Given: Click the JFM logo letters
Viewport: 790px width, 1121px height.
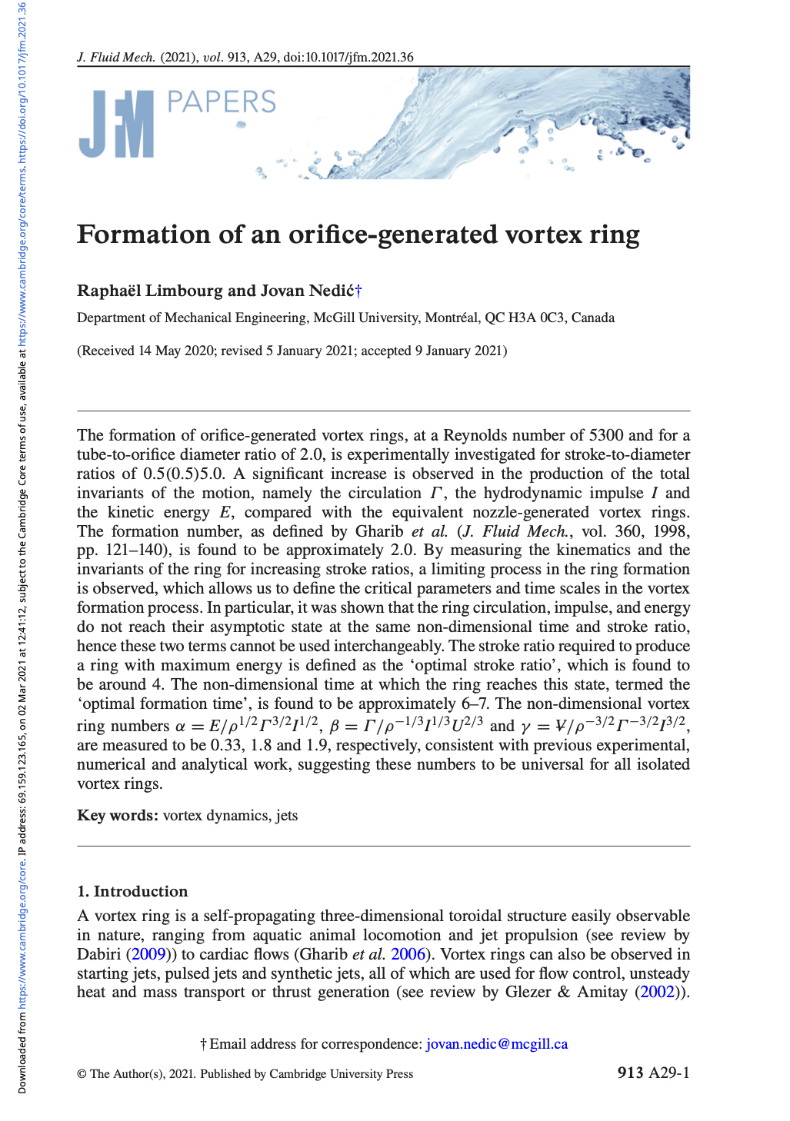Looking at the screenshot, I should [116, 124].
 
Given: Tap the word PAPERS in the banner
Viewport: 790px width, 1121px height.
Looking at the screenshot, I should [221, 102].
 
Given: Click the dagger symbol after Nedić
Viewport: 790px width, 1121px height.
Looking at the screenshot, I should [358, 291].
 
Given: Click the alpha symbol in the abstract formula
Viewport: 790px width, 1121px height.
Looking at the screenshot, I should [180, 727].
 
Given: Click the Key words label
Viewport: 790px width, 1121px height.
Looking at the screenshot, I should [118, 815].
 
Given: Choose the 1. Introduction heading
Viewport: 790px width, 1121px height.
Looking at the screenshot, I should [132, 891].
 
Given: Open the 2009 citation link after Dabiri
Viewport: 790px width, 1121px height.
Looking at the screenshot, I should [148, 954].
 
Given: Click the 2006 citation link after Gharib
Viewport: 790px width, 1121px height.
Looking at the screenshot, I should [408, 954].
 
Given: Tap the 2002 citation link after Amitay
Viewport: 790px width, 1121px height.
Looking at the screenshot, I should [658, 992].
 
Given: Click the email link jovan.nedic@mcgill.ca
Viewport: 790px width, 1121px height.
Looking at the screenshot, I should [497, 1043].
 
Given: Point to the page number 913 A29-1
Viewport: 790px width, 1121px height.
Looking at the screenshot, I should [653, 1073].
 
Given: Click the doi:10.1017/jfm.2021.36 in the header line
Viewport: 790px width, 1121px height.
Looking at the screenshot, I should [348, 57].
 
